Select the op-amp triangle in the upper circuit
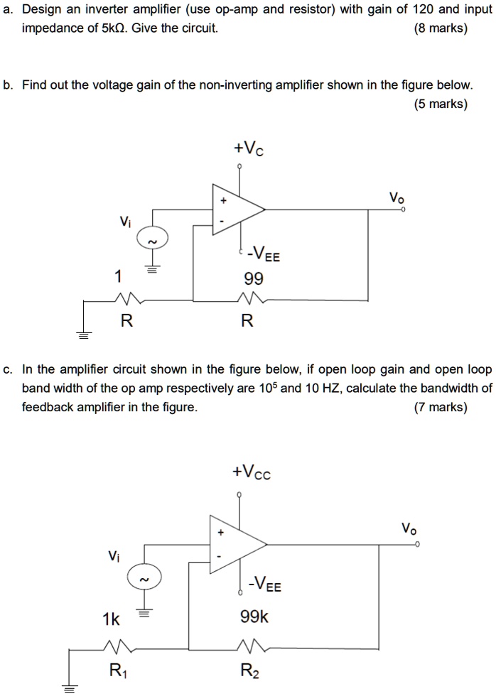(x=234, y=209)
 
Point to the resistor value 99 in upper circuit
(x=253, y=278)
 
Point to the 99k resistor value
(x=254, y=619)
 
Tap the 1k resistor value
(x=111, y=619)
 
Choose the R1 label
(x=115, y=669)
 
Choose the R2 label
(x=249, y=669)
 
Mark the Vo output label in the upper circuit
(x=396, y=196)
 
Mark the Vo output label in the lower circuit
(x=409, y=528)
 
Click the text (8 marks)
(x=440, y=28)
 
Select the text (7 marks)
(x=440, y=408)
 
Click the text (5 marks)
(x=440, y=104)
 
